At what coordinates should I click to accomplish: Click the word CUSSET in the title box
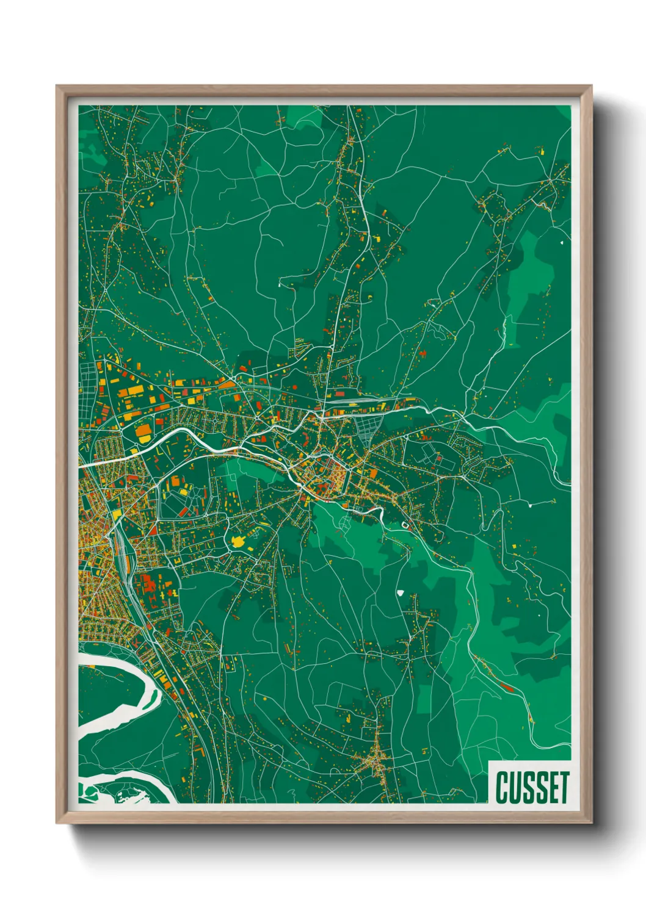tap(532, 787)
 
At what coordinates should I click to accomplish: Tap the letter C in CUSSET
tap(502, 787)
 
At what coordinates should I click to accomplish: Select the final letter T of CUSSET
tap(563, 787)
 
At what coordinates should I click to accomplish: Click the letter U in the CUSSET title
tap(515, 787)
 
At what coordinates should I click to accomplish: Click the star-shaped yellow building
tap(238, 541)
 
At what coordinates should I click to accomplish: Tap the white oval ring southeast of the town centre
tap(405, 524)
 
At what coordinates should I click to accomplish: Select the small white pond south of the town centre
tap(401, 591)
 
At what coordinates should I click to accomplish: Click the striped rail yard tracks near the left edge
tap(125, 552)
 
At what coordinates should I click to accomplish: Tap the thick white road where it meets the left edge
tap(82, 466)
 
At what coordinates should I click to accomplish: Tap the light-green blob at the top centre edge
tap(302, 116)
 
